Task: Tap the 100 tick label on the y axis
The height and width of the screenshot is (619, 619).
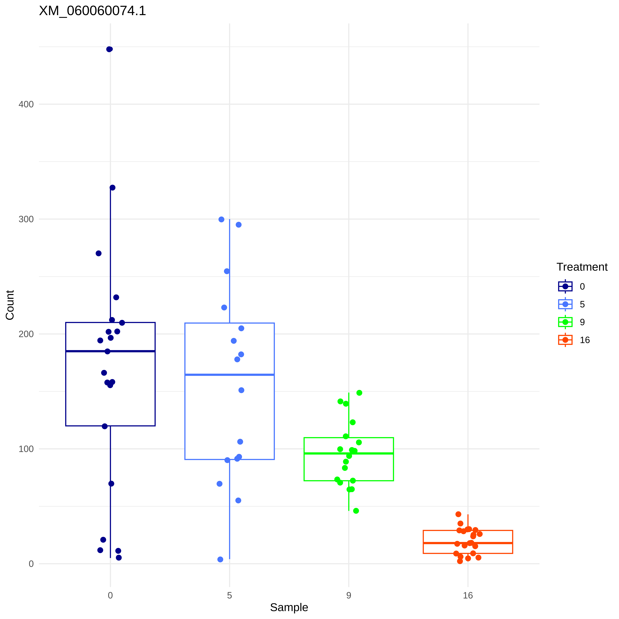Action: pos(26,449)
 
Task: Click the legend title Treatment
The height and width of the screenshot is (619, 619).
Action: pos(582,267)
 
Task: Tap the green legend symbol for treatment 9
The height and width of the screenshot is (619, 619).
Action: pos(565,322)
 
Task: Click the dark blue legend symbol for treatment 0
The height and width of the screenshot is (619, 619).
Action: pos(565,286)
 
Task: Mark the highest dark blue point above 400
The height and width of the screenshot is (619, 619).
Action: pos(109,49)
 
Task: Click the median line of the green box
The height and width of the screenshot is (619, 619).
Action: pos(349,453)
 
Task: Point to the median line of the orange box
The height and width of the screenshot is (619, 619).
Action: pos(468,543)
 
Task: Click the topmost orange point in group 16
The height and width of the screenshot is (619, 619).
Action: pos(458,514)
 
